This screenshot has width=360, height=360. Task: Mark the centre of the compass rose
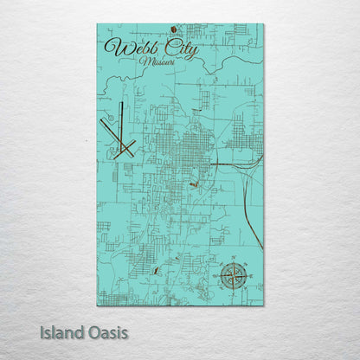pyautogui.click(x=232, y=276)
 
